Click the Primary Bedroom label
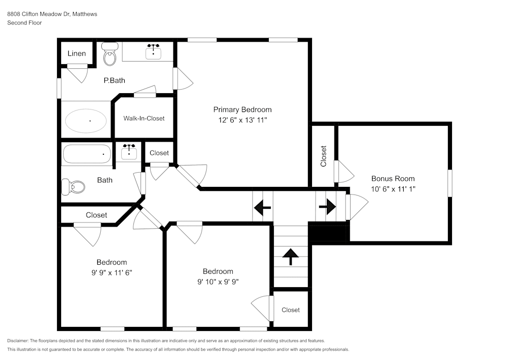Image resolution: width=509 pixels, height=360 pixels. (242, 109)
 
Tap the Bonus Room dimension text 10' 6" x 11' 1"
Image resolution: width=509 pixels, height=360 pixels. (392, 188)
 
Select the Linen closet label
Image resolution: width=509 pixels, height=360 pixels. (77, 53)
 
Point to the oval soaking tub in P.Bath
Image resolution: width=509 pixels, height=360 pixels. (86, 121)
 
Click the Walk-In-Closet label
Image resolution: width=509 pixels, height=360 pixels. (144, 118)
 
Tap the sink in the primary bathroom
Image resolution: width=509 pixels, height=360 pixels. (153, 51)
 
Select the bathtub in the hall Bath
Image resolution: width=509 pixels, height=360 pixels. (87, 153)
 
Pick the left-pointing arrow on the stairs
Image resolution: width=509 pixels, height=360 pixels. (262, 207)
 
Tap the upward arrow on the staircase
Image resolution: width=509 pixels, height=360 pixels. (291, 256)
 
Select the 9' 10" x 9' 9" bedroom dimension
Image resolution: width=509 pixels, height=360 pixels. (218, 281)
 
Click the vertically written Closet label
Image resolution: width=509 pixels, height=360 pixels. (323, 157)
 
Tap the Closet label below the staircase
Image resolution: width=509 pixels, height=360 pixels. (291, 310)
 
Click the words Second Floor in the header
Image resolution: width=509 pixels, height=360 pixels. (24, 23)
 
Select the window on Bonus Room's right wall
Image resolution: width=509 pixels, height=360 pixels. (449, 183)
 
